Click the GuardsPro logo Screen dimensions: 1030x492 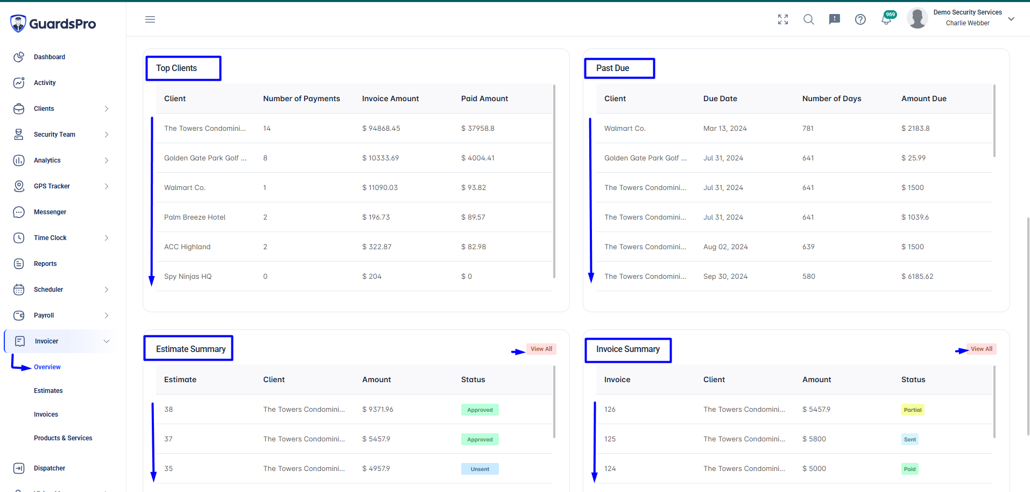point(53,24)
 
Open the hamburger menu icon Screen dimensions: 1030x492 point(150,19)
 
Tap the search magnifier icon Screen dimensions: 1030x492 point(808,19)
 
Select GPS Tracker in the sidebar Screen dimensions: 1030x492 point(52,186)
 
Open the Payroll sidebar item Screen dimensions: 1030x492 point(44,315)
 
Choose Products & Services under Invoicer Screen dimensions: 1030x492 point(63,438)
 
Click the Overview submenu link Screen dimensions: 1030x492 point(47,367)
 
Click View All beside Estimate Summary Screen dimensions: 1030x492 point(541,349)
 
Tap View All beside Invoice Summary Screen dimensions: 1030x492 point(982,349)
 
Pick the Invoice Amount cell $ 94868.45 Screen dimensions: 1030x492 point(381,128)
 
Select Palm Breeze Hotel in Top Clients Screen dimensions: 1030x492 point(195,217)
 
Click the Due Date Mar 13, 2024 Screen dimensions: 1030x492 point(725,128)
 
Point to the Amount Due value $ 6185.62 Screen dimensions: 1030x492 point(918,276)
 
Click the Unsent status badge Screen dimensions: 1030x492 point(480,469)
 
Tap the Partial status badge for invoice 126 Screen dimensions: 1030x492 point(913,410)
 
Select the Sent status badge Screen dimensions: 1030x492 point(910,439)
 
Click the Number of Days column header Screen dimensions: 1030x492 point(832,99)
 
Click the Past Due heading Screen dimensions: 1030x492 point(612,68)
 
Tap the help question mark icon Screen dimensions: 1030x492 point(860,19)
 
